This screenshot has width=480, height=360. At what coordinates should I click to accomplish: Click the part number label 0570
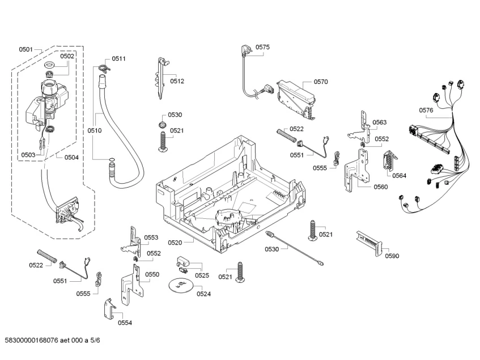click(321, 82)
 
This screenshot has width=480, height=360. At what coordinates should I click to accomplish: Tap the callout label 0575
click(262, 47)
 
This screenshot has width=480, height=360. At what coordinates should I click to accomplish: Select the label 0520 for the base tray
click(175, 243)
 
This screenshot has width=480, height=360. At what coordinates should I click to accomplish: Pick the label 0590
click(392, 256)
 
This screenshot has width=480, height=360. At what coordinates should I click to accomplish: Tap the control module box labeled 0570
click(296, 99)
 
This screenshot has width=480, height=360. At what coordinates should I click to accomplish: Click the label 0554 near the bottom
click(125, 323)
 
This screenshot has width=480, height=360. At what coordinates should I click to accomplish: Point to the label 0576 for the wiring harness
click(426, 110)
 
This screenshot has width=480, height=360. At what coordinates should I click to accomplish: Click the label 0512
click(177, 81)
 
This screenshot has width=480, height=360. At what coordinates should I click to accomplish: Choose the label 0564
click(399, 176)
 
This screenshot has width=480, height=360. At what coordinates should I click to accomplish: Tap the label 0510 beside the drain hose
click(94, 131)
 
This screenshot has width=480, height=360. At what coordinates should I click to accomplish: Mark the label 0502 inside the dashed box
click(67, 56)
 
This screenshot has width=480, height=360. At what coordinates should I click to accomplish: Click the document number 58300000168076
click(32, 340)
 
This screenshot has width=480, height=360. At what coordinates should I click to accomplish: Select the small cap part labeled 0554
click(109, 309)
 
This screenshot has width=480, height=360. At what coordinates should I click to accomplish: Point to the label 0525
click(202, 276)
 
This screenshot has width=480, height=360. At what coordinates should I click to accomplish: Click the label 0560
click(380, 187)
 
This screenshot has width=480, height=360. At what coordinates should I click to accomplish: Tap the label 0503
click(28, 155)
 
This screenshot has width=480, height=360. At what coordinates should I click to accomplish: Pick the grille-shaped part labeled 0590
click(369, 243)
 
